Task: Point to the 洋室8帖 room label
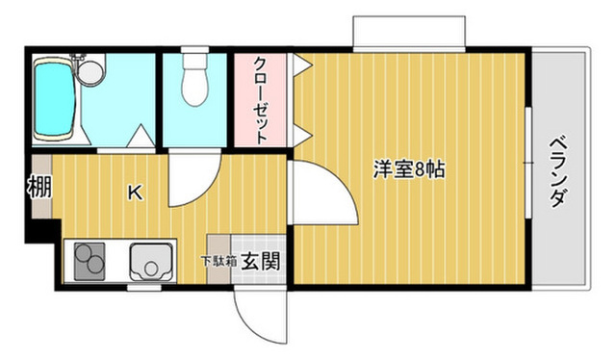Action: [x=409, y=169]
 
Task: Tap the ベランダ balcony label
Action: [x=559, y=173]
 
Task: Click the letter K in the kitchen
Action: [x=137, y=192]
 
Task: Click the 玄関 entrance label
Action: [x=260, y=259]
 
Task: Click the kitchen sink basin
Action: [x=150, y=261]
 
